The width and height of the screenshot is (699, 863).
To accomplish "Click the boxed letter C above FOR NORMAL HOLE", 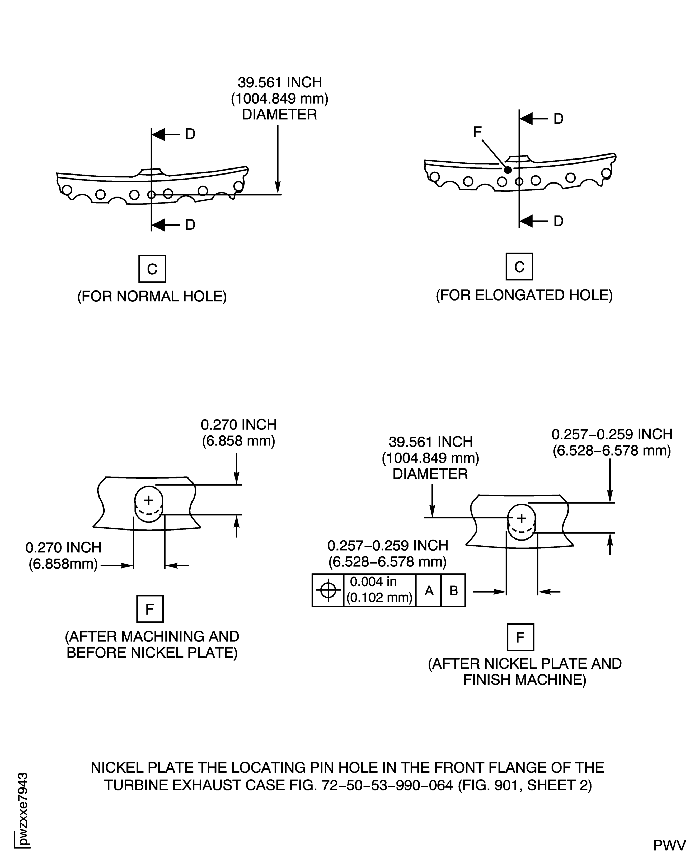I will click(152, 269).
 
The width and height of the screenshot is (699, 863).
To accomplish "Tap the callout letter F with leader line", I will click(477, 132).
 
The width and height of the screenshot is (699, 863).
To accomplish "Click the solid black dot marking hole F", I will click(508, 170).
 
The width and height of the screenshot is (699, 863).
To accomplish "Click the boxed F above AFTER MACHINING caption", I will click(150, 609).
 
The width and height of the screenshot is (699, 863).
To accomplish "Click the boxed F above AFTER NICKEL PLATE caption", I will click(520, 637).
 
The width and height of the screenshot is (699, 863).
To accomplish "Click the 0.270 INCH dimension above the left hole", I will click(239, 425).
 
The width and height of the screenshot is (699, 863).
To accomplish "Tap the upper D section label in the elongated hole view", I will click(558, 119).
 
